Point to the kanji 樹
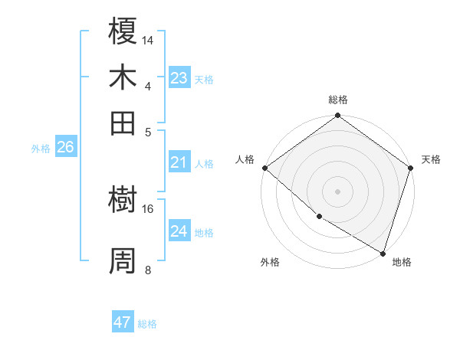123,201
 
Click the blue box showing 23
179,78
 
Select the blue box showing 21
179,162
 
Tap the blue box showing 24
179,231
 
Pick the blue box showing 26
65,148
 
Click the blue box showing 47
123,322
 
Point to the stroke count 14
148,39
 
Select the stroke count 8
148,269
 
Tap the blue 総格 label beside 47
148,324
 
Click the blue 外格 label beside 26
41,149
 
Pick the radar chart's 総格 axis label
338,100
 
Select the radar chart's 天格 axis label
431,159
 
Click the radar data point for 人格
264,168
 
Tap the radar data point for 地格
383,252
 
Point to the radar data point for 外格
319,216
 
